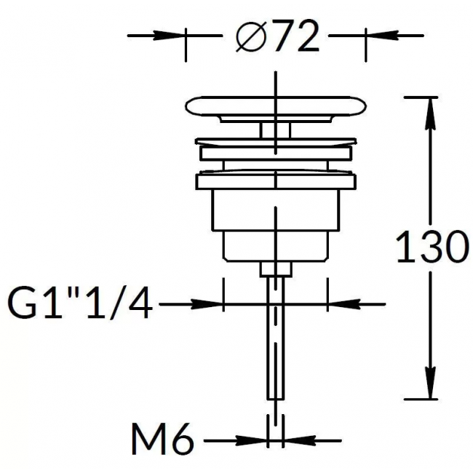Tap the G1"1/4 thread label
[x=80, y=303]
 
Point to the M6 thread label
[x=162, y=440]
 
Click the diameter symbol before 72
[x=251, y=37]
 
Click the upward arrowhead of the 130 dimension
[x=431, y=114]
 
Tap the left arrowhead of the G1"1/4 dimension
[x=207, y=304]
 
